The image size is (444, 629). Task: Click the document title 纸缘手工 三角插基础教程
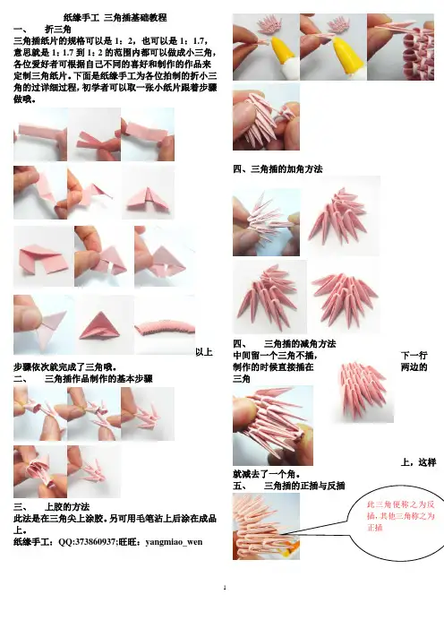(x=115, y=18)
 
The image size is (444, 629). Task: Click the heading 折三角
(x=58, y=30)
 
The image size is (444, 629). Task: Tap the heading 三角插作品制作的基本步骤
(x=98, y=379)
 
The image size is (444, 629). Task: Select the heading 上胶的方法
(x=67, y=506)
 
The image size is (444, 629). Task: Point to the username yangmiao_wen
(x=174, y=542)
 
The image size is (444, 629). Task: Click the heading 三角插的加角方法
(x=286, y=169)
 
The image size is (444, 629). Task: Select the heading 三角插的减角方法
(x=300, y=344)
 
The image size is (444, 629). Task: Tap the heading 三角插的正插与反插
(x=304, y=486)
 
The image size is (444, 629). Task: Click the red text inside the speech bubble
(x=401, y=516)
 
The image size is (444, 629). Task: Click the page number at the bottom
(x=225, y=588)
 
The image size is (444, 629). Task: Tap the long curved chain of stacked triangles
(x=165, y=328)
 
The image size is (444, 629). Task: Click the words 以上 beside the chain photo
(x=204, y=352)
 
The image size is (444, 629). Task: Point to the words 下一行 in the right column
(x=414, y=356)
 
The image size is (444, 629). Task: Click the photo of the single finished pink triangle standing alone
(x=104, y=325)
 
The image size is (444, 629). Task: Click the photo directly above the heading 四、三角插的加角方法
(x=266, y=117)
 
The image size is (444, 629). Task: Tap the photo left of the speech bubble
(x=266, y=526)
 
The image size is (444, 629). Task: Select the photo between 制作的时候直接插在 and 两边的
(x=363, y=392)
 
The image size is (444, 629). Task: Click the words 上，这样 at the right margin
(x=418, y=462)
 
